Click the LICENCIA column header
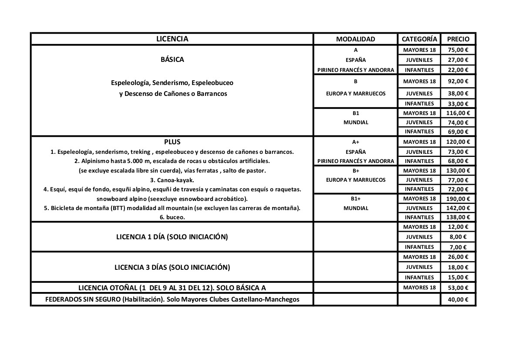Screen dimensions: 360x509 coord(172,39)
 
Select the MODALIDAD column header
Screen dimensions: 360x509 coord(355,39)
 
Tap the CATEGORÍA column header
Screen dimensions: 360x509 coord(419,39)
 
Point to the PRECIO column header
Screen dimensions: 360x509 coord(458,39)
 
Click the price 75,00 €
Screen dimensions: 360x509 coord(458,50)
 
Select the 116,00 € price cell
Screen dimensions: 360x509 coord(458,113)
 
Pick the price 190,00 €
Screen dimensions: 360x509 coord(458,199)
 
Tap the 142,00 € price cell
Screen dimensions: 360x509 coord(458,208)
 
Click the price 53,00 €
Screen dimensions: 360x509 coord(458,288)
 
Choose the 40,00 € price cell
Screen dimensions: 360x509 coord(458,299)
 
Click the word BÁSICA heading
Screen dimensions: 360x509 coord(172,60)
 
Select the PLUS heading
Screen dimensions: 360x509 coord(172,142)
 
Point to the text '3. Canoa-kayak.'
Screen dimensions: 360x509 coord(172,180)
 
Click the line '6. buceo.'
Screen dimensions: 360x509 coord(172,217)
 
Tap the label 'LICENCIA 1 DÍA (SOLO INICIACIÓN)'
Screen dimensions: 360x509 coord(172,237)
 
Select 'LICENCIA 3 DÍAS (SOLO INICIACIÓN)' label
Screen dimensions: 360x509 coord(172,267)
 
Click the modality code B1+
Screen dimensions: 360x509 coord(355,199)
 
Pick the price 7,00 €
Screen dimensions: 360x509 coord(458,247)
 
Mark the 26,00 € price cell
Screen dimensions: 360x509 coord(458,257)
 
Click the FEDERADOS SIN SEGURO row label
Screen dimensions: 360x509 coord(172,299)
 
